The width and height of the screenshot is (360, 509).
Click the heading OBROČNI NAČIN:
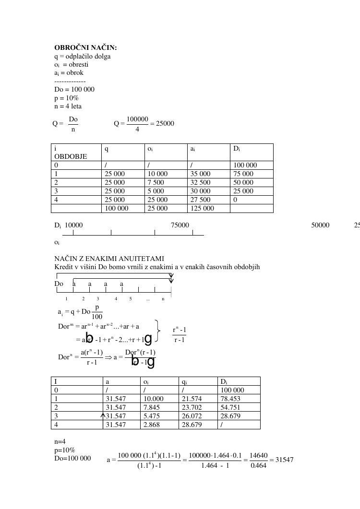click(x=85, y=48)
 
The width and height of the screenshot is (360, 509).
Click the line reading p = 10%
click(x=66, y=98)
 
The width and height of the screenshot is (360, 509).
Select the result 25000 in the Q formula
click(x=165, y=123)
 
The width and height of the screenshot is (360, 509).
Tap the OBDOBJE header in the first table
click(x=71, y=156)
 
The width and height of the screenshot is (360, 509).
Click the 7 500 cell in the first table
click(x=156, y=182)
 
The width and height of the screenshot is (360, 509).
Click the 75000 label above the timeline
click(x=180, y=225)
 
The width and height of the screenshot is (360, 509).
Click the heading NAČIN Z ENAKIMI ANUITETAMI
click(x=109, y=259)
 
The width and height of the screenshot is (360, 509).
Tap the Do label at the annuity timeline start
click(x=59, y=284)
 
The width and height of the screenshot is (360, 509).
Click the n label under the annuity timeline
click(x=163, y=299)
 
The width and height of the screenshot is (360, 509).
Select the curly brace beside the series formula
click(x=157, y=331)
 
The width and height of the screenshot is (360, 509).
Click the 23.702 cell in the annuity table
click(x=192, y=407)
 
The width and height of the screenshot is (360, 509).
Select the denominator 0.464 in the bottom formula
click(x=258, y=465)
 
